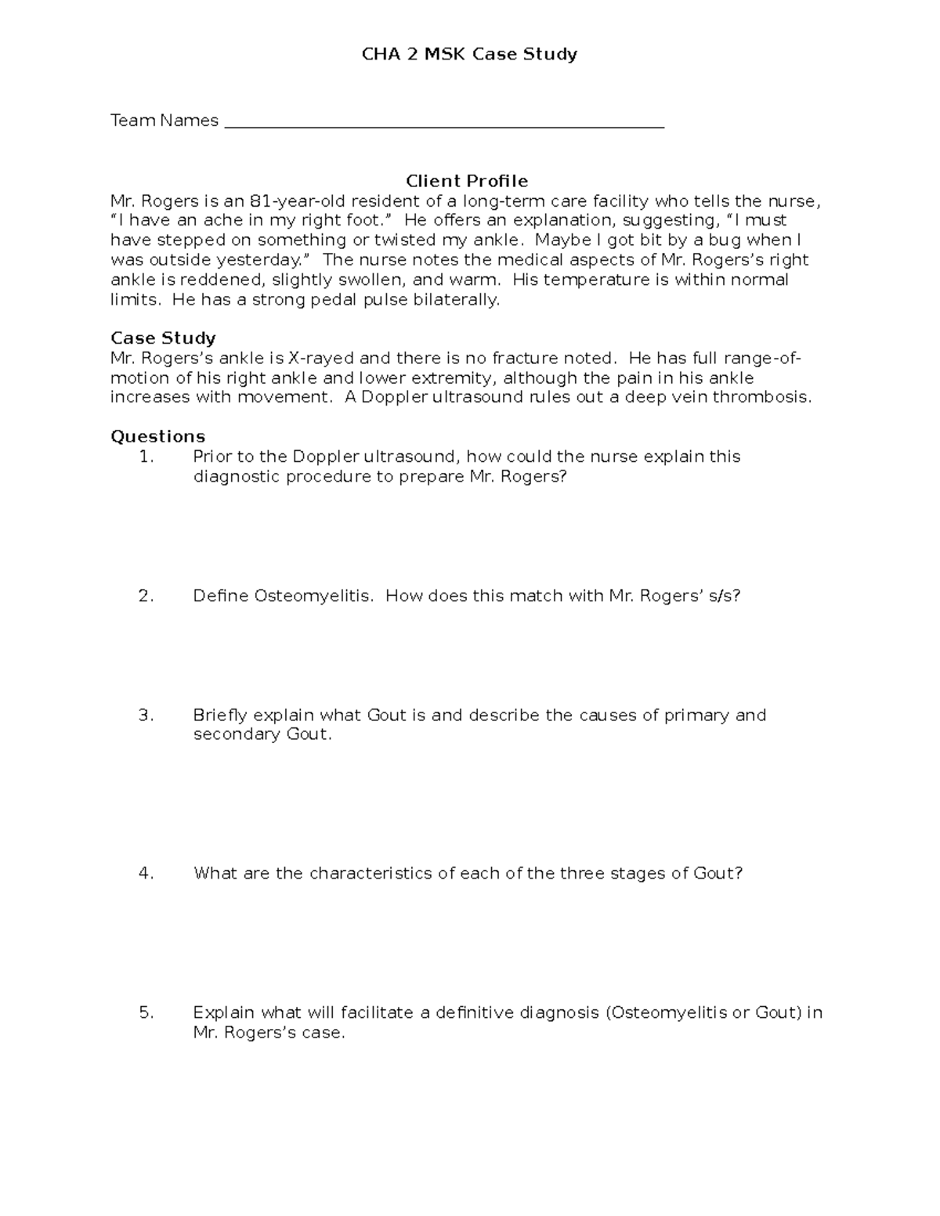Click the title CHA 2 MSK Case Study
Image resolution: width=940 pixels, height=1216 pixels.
468,54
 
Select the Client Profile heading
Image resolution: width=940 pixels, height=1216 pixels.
467,181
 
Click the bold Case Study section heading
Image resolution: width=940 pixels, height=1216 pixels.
163,338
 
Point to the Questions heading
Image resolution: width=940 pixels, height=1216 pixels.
157,436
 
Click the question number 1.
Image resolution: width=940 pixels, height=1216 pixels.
146,456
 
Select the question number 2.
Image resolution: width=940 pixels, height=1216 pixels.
146,596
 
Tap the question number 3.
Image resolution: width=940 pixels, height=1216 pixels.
146,715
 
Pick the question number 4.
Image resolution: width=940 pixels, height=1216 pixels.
146,873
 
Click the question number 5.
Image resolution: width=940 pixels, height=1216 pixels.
146,1012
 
